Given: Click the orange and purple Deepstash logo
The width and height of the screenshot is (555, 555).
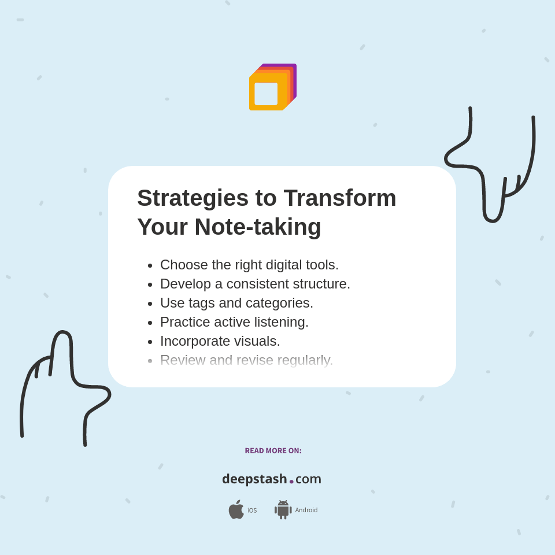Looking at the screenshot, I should pyautogui.click(x=272, y=87).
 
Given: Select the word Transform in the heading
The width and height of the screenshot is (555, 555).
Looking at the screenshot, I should pyautogui.click(x=340, y=198).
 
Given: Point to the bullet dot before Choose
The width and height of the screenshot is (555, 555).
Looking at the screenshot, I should pyautogui.click(x=150, y=265).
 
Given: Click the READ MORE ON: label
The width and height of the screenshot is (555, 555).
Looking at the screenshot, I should pyautogui.click(x=273, y=451).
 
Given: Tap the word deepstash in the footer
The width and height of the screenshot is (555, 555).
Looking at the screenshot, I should pyautogui.click(x=254, y=479).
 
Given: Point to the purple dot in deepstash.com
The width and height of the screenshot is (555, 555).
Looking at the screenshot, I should pyautogui.click(x=291, y=482).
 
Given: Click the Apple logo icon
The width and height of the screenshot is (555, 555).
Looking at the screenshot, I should pyautogui.click(x=236, y=510).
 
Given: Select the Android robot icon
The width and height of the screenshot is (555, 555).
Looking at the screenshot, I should pyautogui.click(x=283, y=510).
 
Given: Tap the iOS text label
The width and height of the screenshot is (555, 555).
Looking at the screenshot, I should pyautogui.click(x=252, y=510).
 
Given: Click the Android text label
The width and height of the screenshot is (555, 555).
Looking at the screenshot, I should pyautogui.click(x=306, y=510).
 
